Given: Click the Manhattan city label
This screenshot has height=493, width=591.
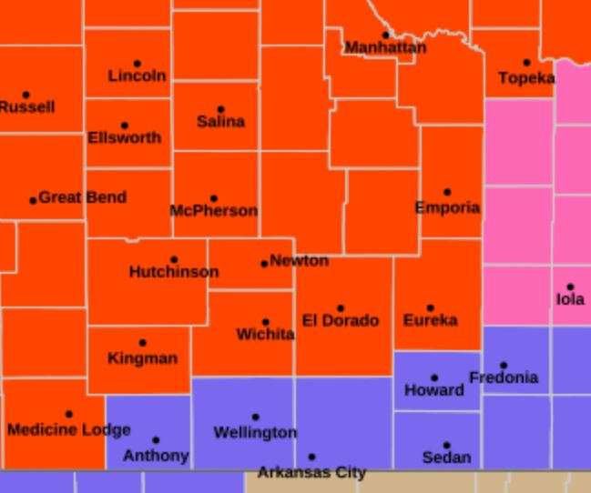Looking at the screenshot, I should coord(385,47).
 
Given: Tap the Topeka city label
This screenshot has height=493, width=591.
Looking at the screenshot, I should coord(526,78).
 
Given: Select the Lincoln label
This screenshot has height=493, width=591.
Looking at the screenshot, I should coord(137,76).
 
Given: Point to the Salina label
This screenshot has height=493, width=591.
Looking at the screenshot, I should coord(220,121).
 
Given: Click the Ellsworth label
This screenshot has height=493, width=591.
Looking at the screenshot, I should coord(125,138).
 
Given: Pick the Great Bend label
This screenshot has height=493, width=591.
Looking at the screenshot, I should coord(82,197).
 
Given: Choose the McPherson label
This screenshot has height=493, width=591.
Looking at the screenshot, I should coord(214,211).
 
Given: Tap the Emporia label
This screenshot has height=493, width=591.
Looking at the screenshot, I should coord(447,207).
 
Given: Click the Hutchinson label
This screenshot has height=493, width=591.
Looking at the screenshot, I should coord(174,272).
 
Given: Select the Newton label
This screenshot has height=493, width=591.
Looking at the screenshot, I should coord(299,261).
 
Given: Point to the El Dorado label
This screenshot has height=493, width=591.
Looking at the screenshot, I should coord(341,320).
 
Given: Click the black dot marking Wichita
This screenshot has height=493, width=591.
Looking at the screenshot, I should coord(265,322).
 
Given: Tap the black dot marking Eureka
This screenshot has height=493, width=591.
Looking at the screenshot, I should coord(431,308).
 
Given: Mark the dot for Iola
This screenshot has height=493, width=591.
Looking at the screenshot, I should coord(570,287).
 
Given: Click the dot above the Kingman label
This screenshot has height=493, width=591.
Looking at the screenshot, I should coord(142,343).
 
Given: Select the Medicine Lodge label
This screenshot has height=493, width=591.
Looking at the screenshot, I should coord(69,429).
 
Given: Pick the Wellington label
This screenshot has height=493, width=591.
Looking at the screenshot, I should coord(255,432).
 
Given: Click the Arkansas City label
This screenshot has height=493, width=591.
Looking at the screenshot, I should coord(311,472).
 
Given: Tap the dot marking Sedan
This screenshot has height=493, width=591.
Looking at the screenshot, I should coord(446,446).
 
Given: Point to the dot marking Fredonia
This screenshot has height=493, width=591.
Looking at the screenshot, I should coord(504,366).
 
